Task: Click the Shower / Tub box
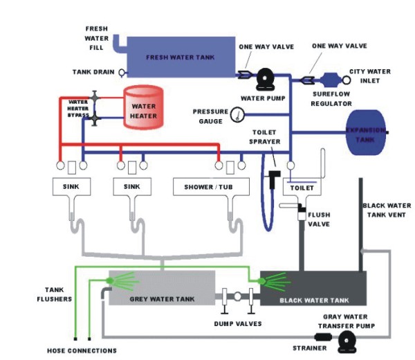point(208,188)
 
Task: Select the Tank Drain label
point(94,72)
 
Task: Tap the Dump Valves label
point(237,323)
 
